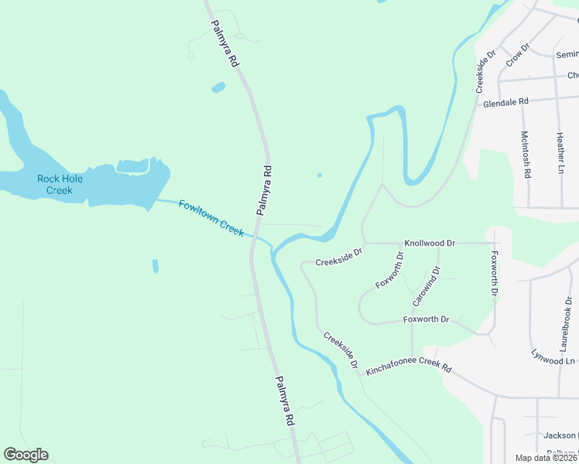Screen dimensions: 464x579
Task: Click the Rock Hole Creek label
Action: (x=60, y=184)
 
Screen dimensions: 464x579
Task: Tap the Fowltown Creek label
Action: (x=211, y=218)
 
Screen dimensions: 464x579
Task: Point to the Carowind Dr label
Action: (x=427, y=285)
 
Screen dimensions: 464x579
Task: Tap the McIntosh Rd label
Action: (x=526, y=155)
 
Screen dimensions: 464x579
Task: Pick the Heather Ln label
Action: (x=560, y=152)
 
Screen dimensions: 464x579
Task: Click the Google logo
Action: (x=26, y=455)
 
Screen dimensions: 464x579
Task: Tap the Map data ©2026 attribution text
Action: (x=546, y=458)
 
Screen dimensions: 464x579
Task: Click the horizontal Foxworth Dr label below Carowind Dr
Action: (x=426, y=319)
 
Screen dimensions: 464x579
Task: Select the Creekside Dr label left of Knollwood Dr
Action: (x=338, y=257)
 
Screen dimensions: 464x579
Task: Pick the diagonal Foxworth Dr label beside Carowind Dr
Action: (x=389, y=270)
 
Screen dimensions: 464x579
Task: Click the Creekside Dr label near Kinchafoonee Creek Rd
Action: (x=341, y=350)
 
